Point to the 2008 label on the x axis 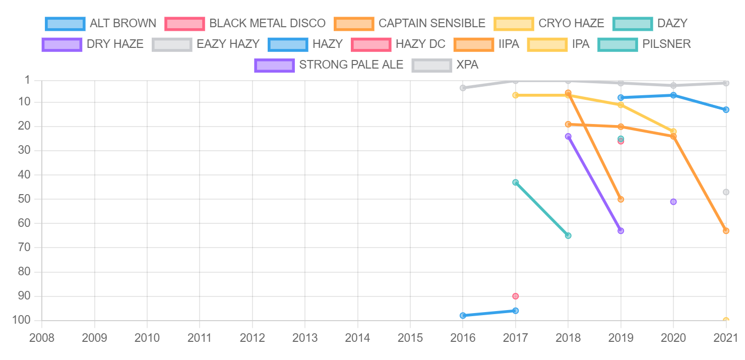coord(42,337)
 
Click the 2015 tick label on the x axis coord(410,337)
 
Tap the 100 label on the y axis coord(23,320)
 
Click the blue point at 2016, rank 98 coord(463,316)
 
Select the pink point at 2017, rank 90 coord(515,296)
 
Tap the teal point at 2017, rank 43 coord(515,182)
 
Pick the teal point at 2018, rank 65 coord(568,235)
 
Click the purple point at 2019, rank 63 coord(620,230)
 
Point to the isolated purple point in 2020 coord(673,202)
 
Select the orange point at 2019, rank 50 coord(620,199)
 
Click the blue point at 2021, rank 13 coord(726,109)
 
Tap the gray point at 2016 coord(463,88)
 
